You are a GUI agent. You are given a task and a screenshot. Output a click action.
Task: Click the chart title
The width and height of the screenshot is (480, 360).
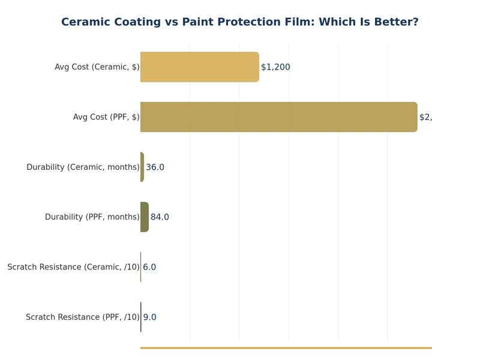240,22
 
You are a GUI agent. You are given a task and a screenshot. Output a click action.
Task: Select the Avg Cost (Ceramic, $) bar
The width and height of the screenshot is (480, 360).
199,67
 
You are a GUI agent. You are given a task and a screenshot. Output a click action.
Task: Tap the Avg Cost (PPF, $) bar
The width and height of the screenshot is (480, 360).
278,117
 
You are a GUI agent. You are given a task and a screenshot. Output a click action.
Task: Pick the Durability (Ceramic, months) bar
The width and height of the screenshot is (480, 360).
142,167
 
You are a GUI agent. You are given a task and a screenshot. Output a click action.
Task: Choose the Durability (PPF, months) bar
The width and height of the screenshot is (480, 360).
144,217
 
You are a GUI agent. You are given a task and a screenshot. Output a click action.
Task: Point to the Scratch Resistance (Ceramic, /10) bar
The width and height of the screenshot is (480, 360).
141,267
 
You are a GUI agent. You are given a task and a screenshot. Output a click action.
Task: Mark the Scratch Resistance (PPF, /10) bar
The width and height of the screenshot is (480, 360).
141,317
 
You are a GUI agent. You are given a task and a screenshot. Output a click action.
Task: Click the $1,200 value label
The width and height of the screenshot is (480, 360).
275,67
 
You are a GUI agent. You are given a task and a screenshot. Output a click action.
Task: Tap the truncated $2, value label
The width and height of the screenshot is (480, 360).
425,117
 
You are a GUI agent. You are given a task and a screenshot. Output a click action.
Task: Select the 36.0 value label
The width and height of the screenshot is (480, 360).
155,167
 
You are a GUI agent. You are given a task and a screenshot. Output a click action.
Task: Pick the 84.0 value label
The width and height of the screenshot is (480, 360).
160,217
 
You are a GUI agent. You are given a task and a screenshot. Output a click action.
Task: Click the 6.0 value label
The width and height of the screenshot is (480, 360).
149,267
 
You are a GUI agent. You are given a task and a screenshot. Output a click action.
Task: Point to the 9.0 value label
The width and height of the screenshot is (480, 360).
149,317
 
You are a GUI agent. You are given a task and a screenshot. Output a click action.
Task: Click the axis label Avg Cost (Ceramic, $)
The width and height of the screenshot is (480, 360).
97,67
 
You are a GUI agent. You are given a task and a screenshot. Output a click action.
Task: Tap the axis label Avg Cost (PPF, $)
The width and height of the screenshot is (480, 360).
106,117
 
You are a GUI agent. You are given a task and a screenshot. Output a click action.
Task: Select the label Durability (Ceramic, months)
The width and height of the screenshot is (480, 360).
83,167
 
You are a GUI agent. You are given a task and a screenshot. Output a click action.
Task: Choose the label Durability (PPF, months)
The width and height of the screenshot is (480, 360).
92,217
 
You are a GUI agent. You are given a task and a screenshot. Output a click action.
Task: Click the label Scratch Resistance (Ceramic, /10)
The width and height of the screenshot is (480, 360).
73,267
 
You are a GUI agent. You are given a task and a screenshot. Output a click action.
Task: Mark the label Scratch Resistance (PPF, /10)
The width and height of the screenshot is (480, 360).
82,317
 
